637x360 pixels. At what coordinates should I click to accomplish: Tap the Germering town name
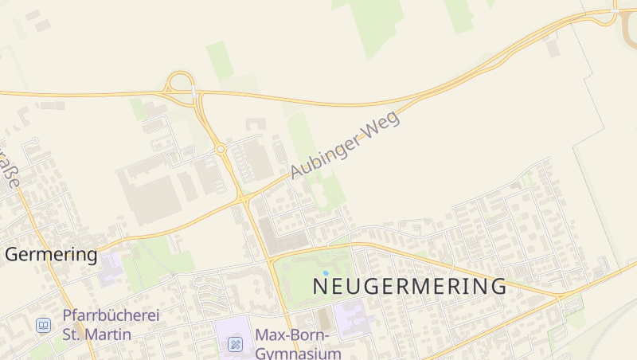pos(52,255)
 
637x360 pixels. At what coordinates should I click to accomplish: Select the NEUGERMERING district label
pos(409,286)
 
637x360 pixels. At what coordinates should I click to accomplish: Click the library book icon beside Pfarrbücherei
pos(43,325)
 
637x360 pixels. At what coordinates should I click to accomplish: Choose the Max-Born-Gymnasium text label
pos(298,343)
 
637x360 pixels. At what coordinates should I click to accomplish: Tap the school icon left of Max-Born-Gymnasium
pos(236,344)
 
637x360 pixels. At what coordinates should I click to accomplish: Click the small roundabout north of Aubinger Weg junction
pos(221,149)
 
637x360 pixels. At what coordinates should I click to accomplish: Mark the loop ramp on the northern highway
pos(181,82)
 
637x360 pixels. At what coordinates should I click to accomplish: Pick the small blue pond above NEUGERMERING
pos(325,273)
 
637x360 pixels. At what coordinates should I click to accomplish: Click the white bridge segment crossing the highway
pos(193,93)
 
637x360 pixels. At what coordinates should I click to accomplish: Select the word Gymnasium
pos(298,353)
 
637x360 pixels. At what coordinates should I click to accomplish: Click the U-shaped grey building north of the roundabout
pos(256,124)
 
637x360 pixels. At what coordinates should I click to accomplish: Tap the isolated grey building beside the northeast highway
pos(553,48)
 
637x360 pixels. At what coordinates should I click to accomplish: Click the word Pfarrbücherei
pos(111,315)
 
